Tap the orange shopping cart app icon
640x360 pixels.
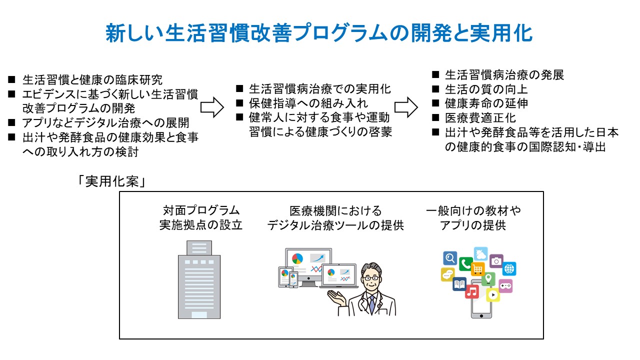coord(478,269)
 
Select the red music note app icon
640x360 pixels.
coord(472,291)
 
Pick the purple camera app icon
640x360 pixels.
coord(496,260)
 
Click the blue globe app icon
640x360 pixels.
coord(509,269)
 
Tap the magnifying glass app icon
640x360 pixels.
coord(450,258)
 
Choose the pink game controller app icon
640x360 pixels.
coord(505,285)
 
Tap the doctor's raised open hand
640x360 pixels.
coord(334,295)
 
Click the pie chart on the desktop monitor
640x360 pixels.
coord(297,258)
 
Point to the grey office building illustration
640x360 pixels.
coord(199,280)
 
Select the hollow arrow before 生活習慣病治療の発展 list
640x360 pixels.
coord(406,106)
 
